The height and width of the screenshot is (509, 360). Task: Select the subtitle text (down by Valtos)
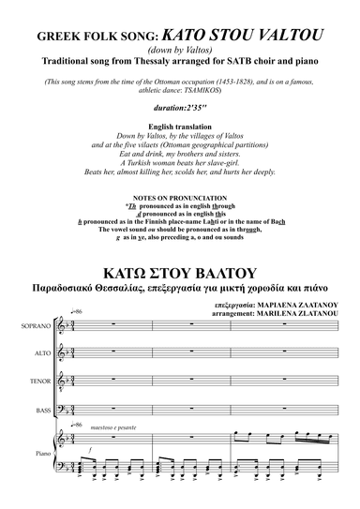[180, 52]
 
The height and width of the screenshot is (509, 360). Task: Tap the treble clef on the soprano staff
[67, 352]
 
